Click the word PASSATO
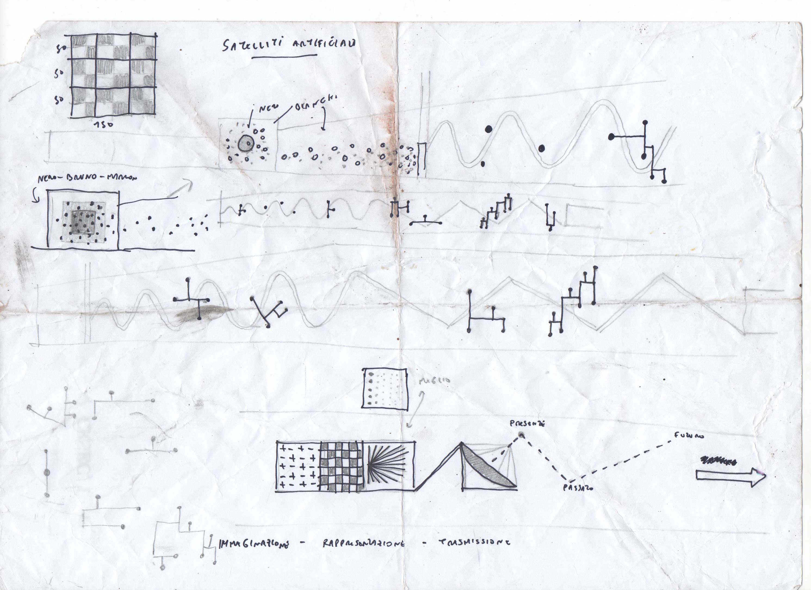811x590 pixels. tap(578, 487)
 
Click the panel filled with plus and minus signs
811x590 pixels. tap(298, 466)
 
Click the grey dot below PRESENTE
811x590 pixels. tap(522, 435)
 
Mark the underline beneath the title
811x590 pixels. tap(284, 56)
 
